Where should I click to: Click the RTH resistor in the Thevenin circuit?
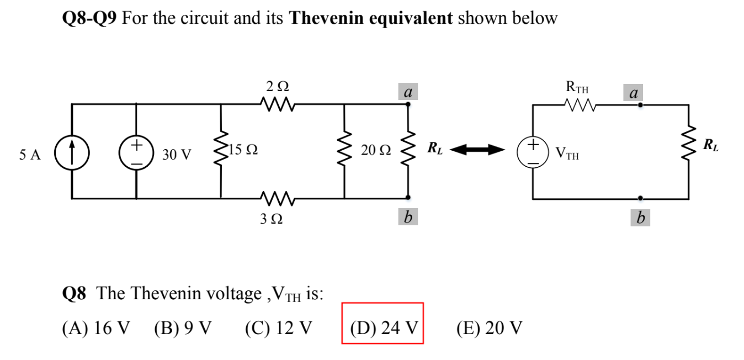pos(577,104)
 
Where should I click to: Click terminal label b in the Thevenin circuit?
pos(640,218)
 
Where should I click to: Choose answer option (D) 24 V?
pos(383,328)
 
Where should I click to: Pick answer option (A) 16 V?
pos(97,328)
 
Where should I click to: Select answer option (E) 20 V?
pos(489,328)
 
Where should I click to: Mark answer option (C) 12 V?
pos(278,328)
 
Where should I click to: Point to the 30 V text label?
pos(176,155)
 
